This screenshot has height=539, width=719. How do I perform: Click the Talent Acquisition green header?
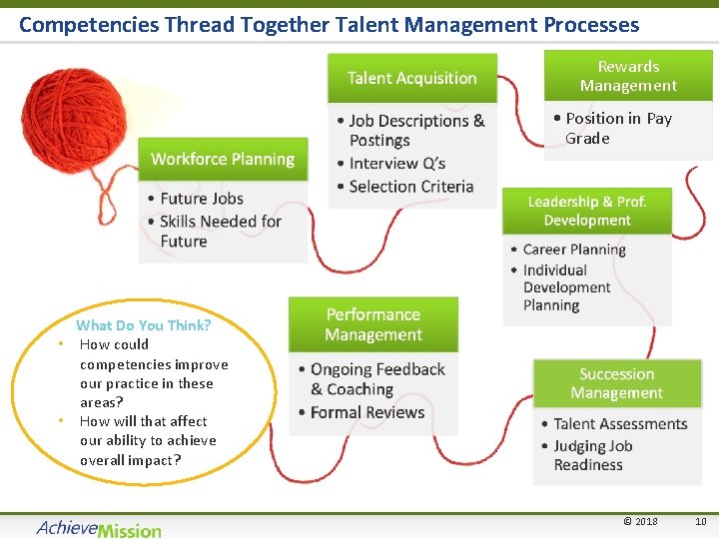411,78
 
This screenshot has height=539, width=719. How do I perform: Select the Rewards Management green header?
628,76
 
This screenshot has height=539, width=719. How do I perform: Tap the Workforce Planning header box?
223,160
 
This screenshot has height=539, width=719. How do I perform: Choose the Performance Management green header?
373,324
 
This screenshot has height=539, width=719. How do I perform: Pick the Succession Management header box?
616,383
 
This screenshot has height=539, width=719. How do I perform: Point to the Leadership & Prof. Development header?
586,211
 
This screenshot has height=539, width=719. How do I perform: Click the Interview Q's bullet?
396,164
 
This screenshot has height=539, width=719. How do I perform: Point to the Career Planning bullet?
573,250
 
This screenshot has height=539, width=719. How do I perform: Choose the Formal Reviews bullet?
366,412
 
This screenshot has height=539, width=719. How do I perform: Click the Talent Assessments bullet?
619,424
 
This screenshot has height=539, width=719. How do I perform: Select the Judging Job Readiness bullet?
592,455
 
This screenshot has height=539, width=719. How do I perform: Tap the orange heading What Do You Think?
144,325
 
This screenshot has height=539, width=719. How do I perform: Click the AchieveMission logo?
98,528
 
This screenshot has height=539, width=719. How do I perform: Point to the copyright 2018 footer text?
640,521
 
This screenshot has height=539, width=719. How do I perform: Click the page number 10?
700,521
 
